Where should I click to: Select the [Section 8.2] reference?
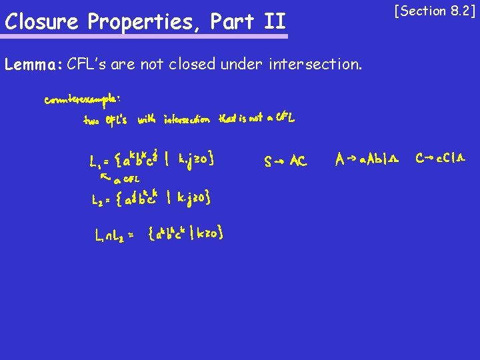click(x=435, y=11)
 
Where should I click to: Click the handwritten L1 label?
click(x=95, y=161)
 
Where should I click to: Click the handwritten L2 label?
click(x=97, y=199)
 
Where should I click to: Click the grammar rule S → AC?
click(x=285, y=161)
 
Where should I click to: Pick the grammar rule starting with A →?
click(x=367, y=159)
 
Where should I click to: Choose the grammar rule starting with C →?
click(x=441, y=159)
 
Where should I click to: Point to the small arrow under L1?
click(x=104, y=177)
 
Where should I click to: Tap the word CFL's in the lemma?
click(x=87, y=65)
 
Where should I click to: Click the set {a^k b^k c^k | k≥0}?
click(x=186, y=233)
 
